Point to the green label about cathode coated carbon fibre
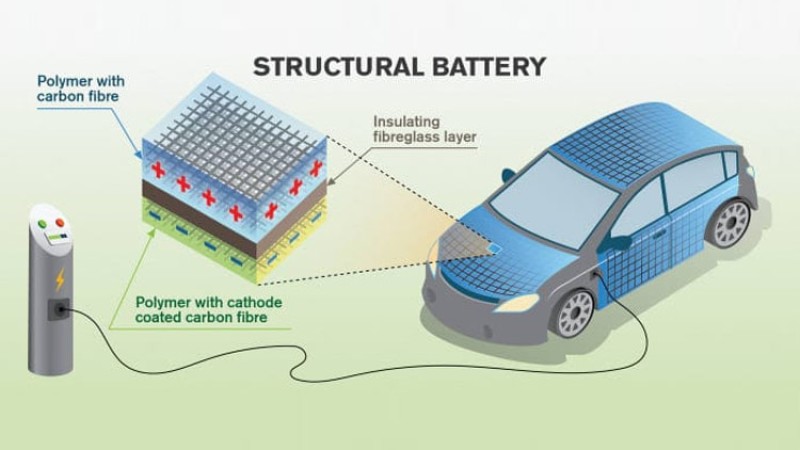[206, 312]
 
